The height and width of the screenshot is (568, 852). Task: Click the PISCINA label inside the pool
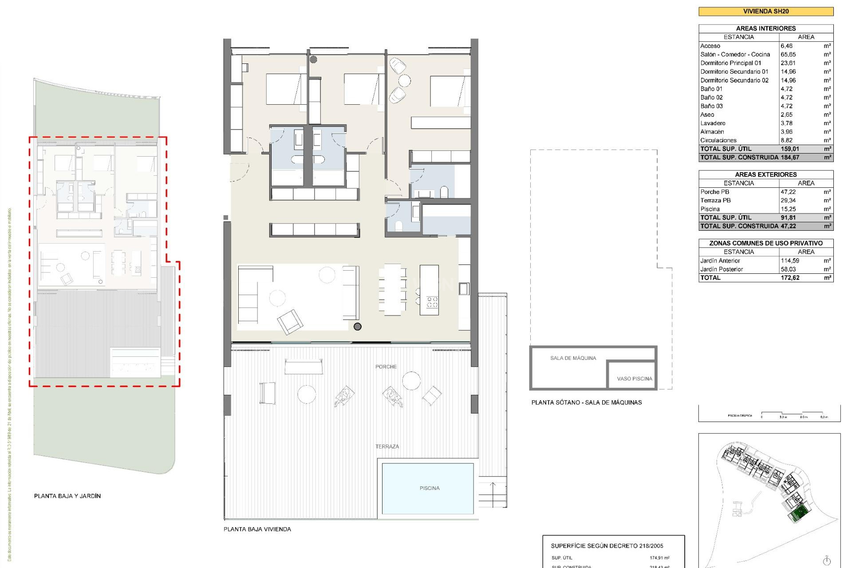click(x=429, y=488)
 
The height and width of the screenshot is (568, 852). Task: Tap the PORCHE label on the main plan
click(x=386, y=367)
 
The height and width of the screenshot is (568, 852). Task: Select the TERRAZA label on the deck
click(x=387, y=446)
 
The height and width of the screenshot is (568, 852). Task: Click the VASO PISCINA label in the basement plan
click(x=634, y=379)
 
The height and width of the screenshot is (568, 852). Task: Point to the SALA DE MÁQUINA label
click(x=573, y=358)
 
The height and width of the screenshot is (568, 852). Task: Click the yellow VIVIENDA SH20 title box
click(x=765, y=12)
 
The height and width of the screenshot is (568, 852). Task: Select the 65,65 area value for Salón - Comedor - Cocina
click(x=788, y=55)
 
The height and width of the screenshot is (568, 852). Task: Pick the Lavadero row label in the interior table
click(x=713, y=123)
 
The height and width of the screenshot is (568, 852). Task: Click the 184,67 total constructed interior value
click(x=790, y=158)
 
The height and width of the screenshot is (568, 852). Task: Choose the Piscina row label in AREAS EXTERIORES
click(x=710, y=209)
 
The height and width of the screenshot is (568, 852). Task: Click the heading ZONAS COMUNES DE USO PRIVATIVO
click(x=765, y=243)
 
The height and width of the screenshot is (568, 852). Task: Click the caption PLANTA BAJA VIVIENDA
click(x=257, y=529)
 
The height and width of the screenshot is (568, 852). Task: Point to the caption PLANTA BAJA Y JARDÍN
click(x=67, y=496)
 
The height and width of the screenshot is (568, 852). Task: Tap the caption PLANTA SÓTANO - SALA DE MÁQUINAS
click(x=586, y=402)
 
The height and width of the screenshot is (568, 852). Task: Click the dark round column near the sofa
click(x=358, y=327)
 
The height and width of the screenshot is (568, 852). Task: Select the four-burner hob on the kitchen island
click(x=432, y=303)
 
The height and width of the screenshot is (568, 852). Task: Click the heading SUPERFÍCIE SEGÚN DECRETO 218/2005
click(x=607, y=546)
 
